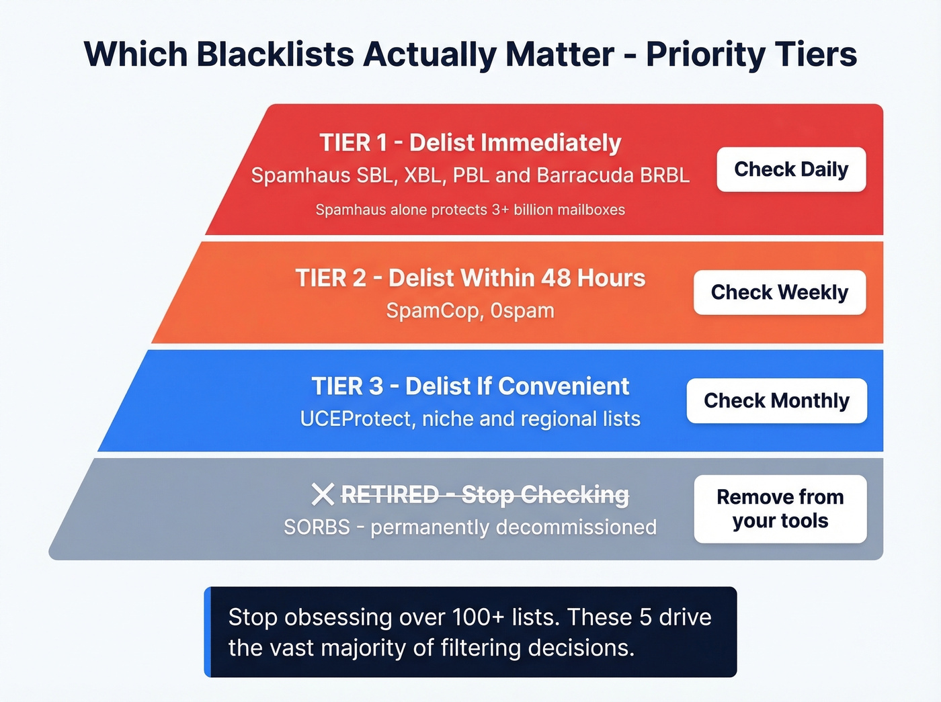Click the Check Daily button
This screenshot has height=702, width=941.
coord(791,169)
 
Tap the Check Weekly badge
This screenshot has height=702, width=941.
coord(780,292)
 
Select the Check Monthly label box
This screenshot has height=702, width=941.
coord(776,400)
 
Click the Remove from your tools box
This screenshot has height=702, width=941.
coord(780,509)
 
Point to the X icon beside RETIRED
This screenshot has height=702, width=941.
coord(323,495)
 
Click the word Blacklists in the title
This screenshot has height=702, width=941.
coord(275,54)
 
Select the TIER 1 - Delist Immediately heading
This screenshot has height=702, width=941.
coord(470,142)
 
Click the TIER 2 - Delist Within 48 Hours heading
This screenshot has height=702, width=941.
coord(470,277)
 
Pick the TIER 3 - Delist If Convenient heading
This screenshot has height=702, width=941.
coord(470,386)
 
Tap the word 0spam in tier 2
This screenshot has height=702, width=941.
coord(522,310)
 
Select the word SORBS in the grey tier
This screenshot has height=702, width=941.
coord(317,527)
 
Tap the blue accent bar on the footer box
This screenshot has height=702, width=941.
coord(208,631)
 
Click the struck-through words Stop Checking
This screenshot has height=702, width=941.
coord(545,495)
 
